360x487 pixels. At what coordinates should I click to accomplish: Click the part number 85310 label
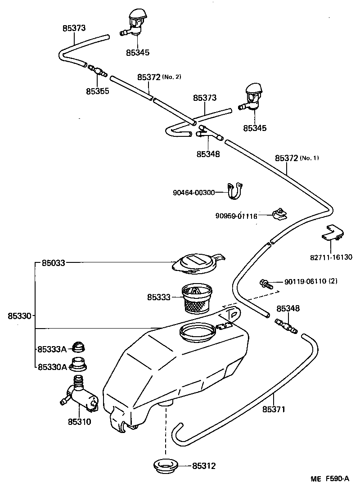tap(79, 422)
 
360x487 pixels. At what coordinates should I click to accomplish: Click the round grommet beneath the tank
tap(166, 465)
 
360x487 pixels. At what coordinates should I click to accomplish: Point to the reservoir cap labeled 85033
tap(196, 263)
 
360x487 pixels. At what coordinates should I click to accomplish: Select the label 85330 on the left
tap(19, 316)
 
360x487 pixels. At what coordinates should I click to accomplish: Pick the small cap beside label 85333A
tap(80, 347)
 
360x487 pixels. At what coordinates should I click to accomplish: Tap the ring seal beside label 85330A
tap(78, 364)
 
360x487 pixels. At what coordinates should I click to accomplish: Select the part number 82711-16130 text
tap(331, 258)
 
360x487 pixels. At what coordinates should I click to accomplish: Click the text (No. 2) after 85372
tap(171, 77)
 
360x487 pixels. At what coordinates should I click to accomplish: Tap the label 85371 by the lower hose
tap(274, 410)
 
